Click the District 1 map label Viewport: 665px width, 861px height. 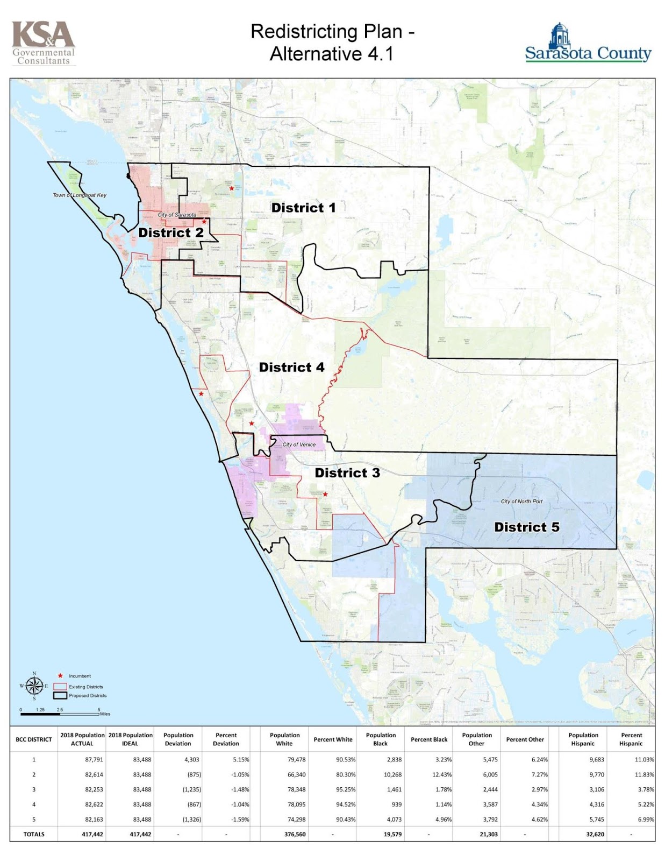(x=303, y=208)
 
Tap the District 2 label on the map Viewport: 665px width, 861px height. (x=171, y=232)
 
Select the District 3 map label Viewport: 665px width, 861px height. (x=347, y=473)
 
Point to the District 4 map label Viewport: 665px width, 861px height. (x=291, y=368)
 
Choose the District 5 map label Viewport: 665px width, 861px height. (x=527, y=527)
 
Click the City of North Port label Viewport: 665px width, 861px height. (x=521, y=502)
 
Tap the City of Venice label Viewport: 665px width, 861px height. (x=299, y=444)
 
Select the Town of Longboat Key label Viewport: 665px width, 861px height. (x=80, y=195)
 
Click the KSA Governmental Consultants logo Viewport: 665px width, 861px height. (x=44, y=43)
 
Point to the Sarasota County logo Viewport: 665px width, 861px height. (x=588, y=43)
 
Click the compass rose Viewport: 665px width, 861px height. (x=34, y=686)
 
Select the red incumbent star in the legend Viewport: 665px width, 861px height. (x=60, y=676)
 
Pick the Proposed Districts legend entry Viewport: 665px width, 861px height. (x=87, y=696)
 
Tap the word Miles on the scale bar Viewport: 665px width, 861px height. (x=105, y=714)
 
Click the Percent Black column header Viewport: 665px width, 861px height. (x=429, y=739)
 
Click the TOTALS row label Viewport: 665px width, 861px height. (x=34, y=834)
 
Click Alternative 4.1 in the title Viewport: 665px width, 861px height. (x=332, y=54)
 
